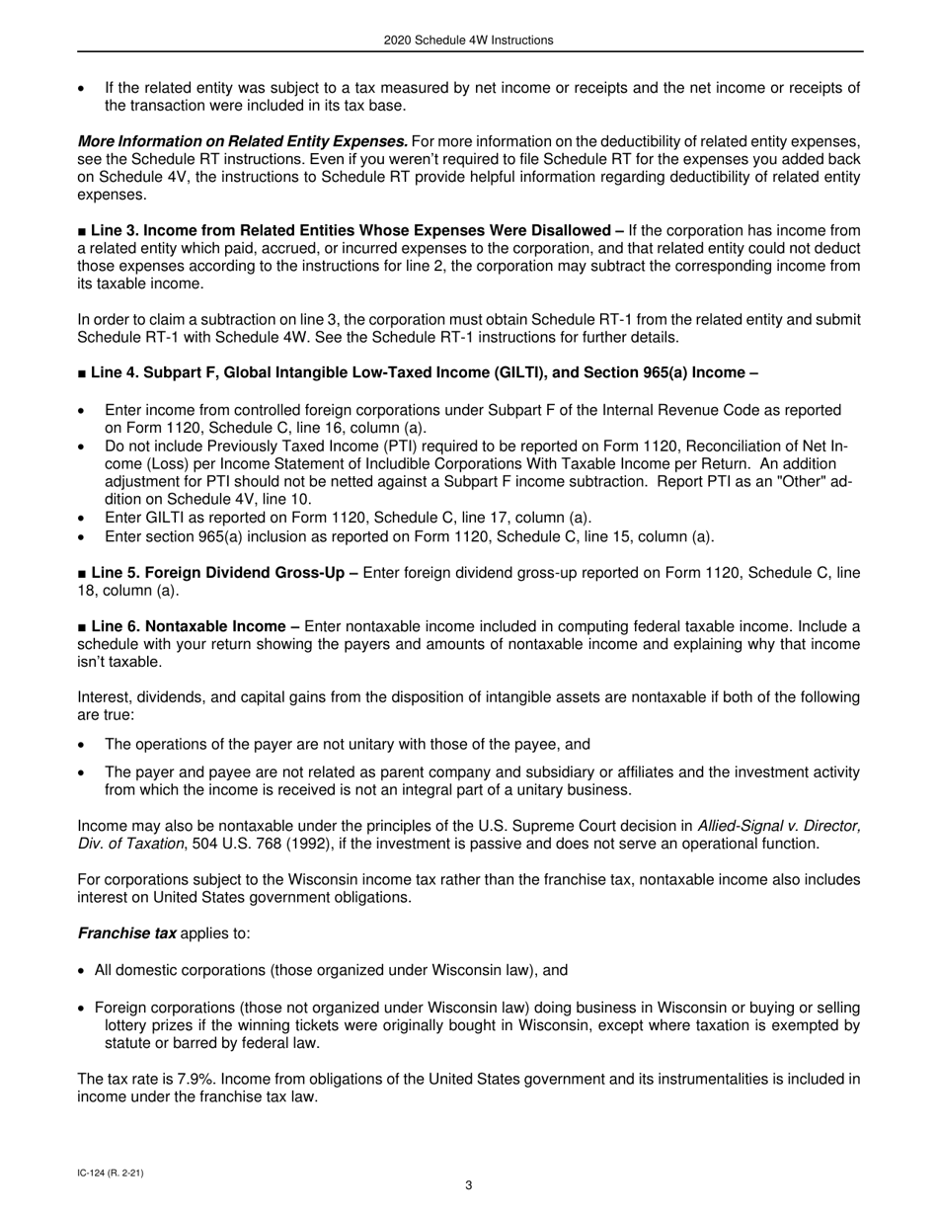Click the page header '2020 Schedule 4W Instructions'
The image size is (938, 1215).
point(468,40)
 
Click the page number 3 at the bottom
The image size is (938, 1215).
point(468,1185)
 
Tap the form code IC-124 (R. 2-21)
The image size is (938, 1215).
point(116,1173)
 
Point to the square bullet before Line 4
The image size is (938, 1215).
point(82,373)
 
